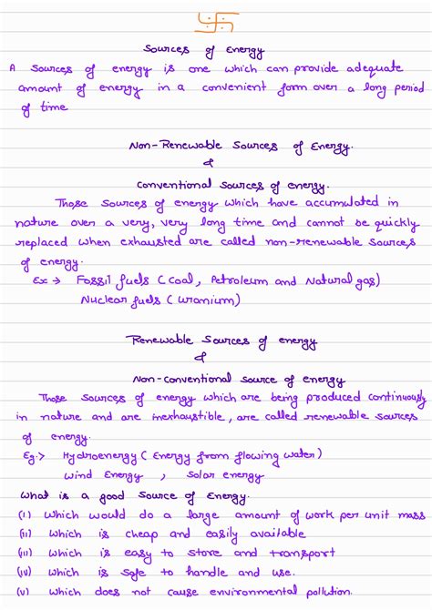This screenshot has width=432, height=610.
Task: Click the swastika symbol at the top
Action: click(216, 19)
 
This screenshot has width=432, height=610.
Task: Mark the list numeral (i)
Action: click(25, 514)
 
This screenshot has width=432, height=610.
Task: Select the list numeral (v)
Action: click(26, 592)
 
